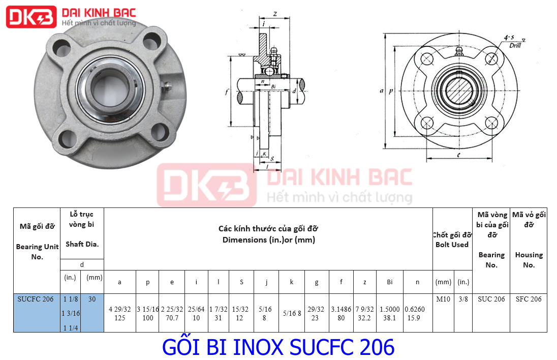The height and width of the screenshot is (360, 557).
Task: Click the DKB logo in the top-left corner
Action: point(30,18)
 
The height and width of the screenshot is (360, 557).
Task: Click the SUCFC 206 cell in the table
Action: point(35,299)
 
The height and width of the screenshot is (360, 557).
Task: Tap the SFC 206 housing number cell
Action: point(529,299)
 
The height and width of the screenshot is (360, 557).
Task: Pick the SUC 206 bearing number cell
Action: point(491,299)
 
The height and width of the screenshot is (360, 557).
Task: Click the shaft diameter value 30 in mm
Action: point(92,299)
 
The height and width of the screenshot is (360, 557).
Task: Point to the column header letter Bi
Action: point(389,282)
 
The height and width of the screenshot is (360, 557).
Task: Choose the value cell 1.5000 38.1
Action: point(389,313)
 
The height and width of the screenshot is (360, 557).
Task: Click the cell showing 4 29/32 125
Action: point(120,313)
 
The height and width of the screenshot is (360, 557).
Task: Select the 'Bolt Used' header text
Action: point(452,245)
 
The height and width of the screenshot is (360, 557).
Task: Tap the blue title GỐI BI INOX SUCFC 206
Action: point(278,347)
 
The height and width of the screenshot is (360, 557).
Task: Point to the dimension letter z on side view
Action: point(274,14)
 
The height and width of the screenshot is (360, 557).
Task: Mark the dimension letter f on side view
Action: point(227,92)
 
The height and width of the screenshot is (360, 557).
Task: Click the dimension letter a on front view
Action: point(381,91)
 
